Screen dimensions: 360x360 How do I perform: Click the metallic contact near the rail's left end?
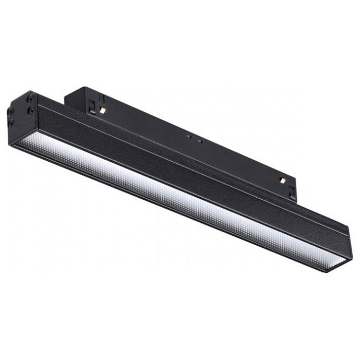click(x=103, y=110)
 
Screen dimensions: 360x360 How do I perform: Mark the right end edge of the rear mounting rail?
click(x=296, y=183)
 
